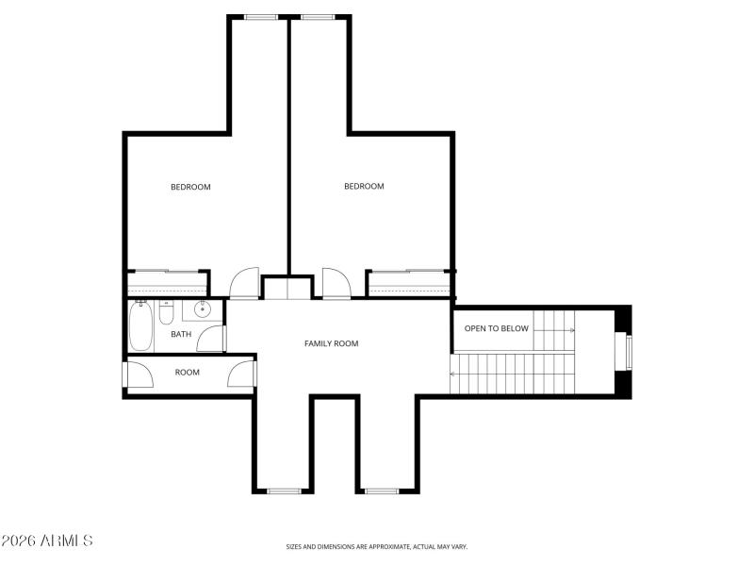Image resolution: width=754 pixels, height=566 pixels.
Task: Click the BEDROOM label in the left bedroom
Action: [190, 187]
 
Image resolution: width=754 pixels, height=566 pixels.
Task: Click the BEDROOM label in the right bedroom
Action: [364, 187]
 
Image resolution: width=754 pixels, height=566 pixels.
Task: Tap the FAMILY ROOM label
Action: [332, 343]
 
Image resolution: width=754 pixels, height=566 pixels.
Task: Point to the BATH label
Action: [181, 334]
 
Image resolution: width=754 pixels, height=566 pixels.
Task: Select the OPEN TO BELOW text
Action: [497, 329]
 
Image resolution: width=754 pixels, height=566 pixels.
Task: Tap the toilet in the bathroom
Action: [167, 310]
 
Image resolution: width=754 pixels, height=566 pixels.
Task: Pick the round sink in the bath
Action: [202, 308]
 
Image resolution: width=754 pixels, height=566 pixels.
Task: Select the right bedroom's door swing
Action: [336, 283]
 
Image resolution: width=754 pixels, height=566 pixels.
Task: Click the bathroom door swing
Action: [213, 339]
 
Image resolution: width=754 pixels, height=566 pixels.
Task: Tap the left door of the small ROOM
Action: [139, 375]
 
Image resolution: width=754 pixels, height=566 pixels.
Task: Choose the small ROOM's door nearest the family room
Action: [242, 375]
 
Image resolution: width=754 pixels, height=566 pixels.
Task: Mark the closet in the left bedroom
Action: [167, 282]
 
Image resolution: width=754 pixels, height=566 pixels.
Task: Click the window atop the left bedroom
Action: [261, 16]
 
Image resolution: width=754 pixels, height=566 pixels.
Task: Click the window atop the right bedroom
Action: [318, 16]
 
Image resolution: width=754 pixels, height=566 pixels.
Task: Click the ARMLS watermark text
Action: [47, 541]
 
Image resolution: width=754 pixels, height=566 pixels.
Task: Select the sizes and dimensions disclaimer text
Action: [377, 546]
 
